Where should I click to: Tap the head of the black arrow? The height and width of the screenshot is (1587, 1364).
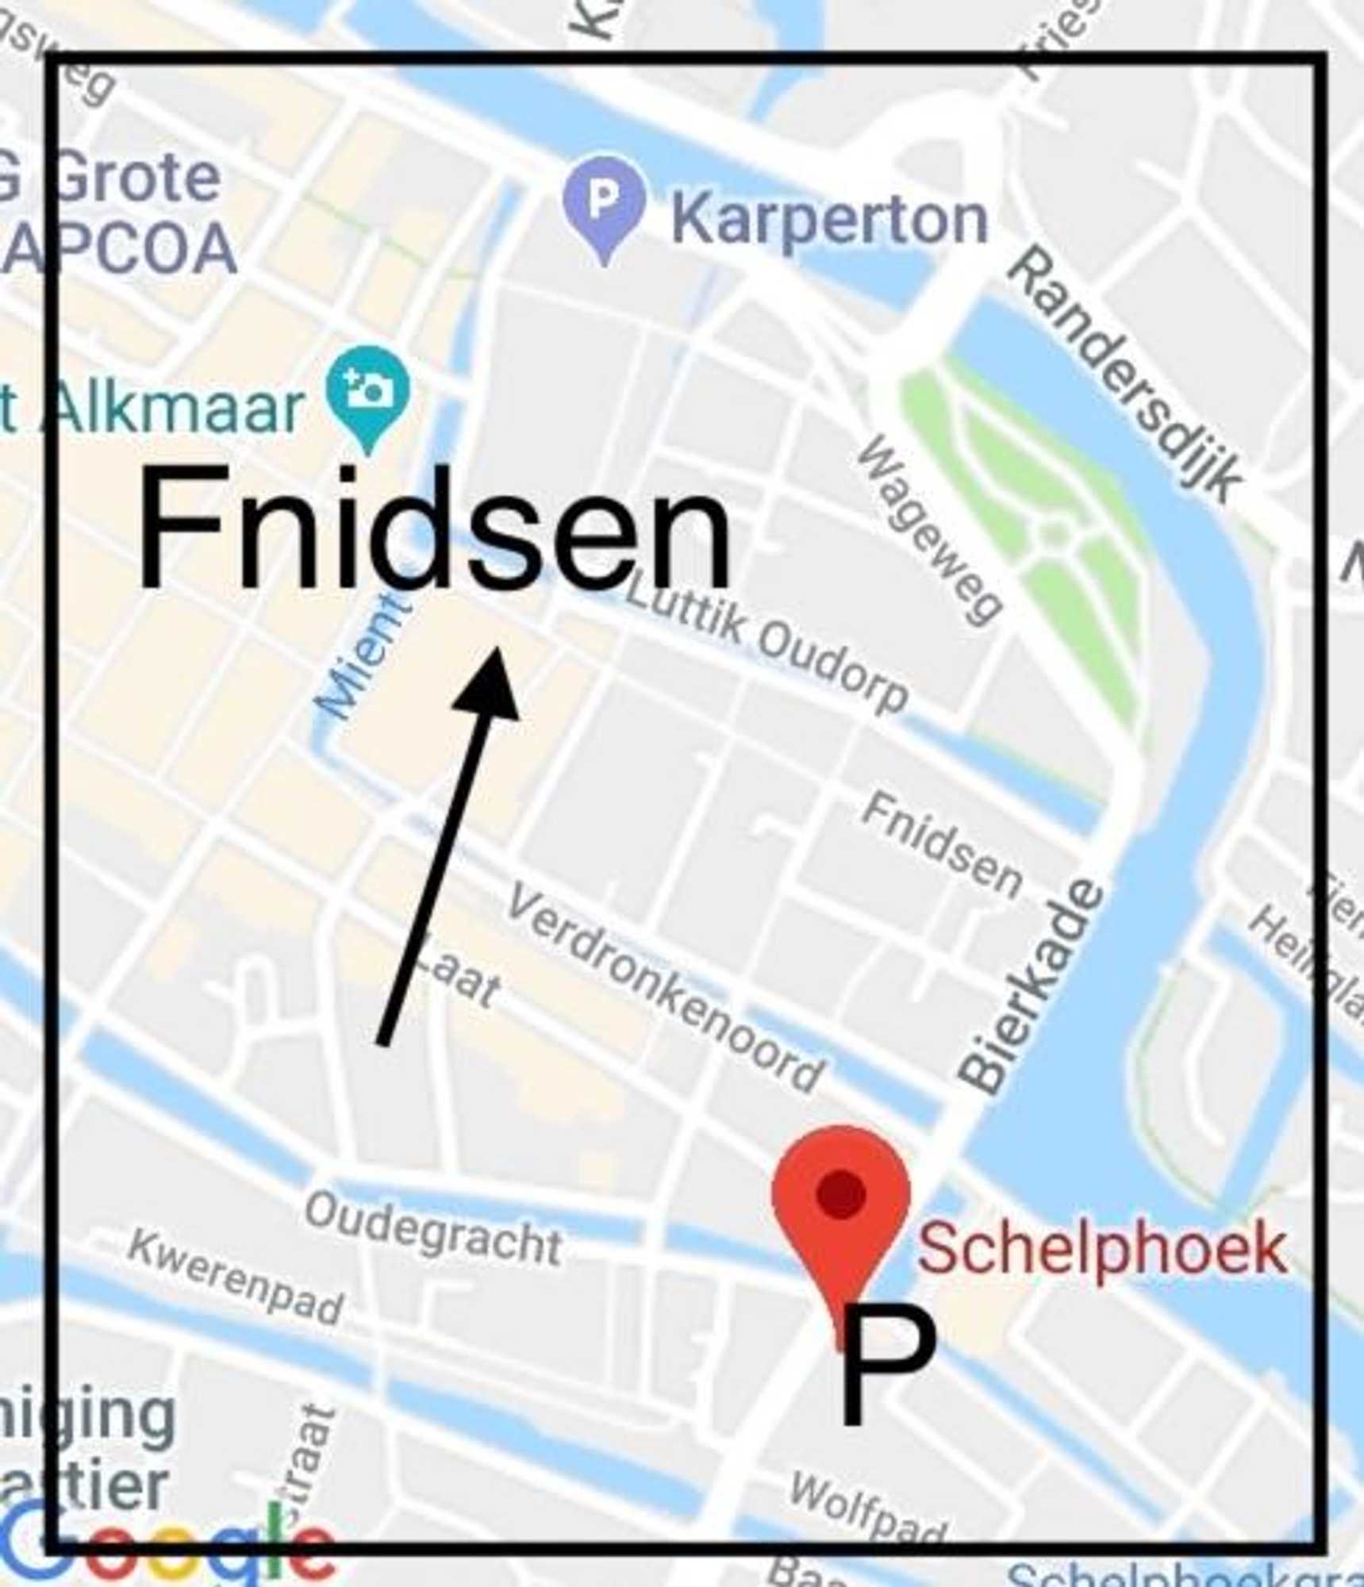[x=490, y=683]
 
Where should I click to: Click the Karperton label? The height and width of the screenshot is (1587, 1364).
[x=830, y=221]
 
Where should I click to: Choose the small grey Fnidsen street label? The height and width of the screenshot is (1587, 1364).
[x=943, y=843]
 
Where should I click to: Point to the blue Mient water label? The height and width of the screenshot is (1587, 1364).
[x=363, y=658]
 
